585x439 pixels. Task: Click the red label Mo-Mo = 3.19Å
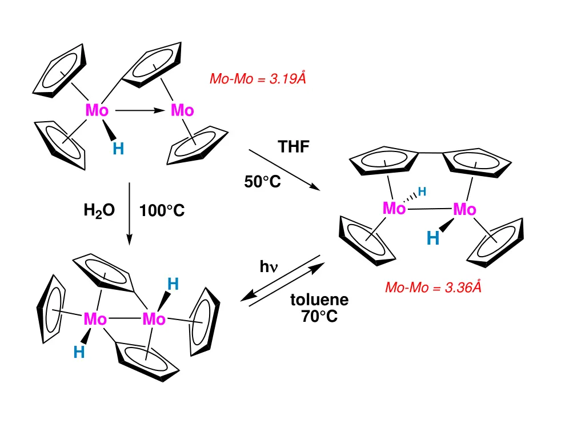[x=258, y=79]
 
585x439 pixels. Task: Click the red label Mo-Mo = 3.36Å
[x=433, y=287]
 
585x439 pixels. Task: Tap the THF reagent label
[x=294, y=147]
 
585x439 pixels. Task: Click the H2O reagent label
[x=99, y=211]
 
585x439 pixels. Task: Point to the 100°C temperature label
[x=162, y=211]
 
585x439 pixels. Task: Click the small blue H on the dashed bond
[x=422, y=191]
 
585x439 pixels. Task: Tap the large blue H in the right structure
[x=433, y=237]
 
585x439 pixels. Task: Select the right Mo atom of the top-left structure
[x=182, y=110]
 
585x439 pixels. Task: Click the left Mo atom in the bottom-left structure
[x=95, y=319]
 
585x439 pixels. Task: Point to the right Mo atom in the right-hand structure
[x=464, y=210]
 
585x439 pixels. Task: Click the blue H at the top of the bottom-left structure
[x=173, y=284]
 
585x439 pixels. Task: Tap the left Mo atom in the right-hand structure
[x=394, y=209]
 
